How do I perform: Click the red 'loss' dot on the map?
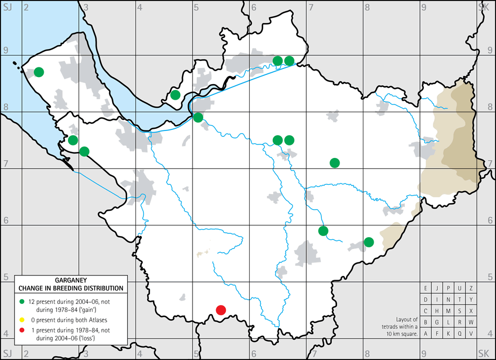(x=221, y=310)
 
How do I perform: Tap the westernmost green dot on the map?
(x=39, y=72)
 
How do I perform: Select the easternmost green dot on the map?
(x=369, y=242)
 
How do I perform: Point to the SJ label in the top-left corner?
(x=8, y=6)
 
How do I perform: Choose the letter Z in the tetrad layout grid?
(x=471, y=288)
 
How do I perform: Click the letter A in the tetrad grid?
(x=426, y=334)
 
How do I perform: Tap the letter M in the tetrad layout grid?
(x=449, y=311)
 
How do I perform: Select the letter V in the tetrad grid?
(x=471, y=334)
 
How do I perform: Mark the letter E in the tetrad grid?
(x=426, y=288)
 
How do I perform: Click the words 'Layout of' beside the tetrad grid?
(x=406, y=319)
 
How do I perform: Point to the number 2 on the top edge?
(x=25, y=6)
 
